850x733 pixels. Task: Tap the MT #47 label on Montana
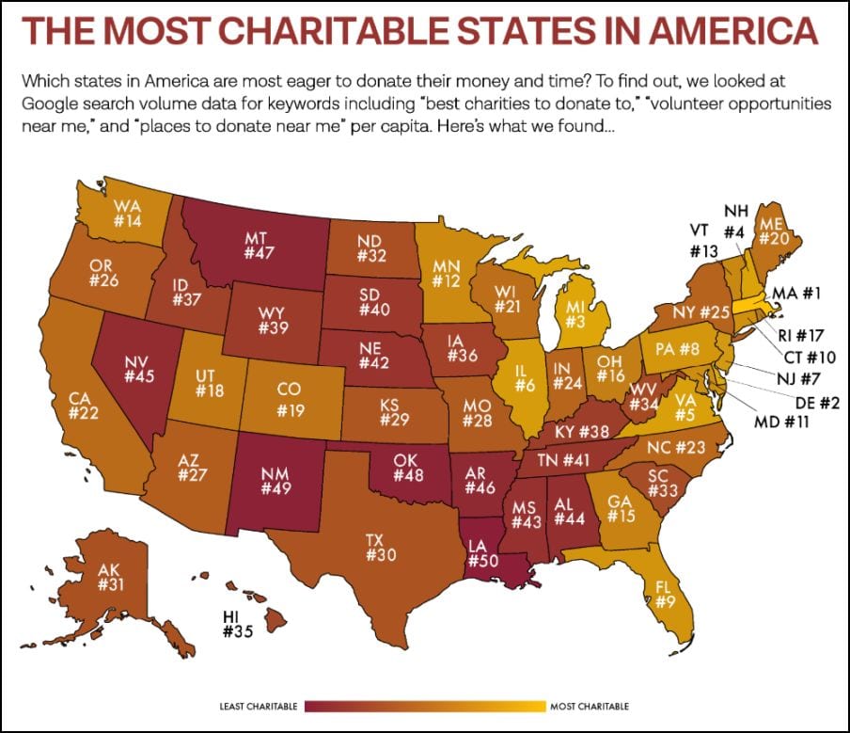tap(259, 246)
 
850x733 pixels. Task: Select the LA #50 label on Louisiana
tap(482, 553)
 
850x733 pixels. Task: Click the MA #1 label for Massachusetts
tap(795, 294)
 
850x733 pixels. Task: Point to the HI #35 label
tap(238, 624)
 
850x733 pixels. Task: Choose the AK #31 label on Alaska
tap(111, 577)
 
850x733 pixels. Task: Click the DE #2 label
tap(817, 403)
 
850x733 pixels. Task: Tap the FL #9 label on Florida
tap(665, 594)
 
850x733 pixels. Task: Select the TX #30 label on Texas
tap(381, 548)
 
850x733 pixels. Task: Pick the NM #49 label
tap(275, 481)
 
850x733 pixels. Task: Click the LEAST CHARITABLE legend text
tap(258, 707)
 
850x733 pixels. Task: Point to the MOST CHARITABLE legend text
tap(590, 707)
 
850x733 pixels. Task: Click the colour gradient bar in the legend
tap(425, 707)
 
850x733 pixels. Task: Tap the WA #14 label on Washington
tap(127, 214)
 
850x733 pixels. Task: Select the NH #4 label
tap(735, 221)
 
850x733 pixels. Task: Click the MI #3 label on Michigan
tap(575, 315)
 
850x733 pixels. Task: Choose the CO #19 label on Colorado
tap(290, 400)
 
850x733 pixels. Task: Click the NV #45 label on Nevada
tap(139, 369)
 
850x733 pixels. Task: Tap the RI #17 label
tap(801, 335)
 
